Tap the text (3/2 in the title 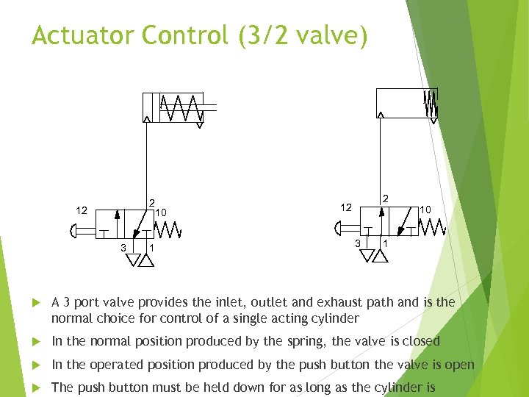coord(264,35)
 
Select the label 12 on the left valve coord(82,210)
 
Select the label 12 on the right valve coord(346,207)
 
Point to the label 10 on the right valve coord(426,210)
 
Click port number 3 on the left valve coord(123,246)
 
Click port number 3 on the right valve coord(358,243)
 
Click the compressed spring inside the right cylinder coord(431,103)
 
